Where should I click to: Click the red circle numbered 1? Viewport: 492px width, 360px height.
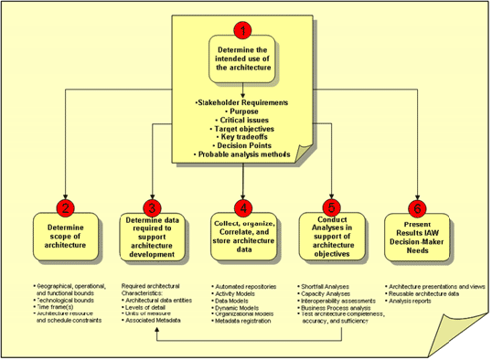point(243,28)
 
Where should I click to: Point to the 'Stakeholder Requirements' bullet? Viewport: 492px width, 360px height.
point(243,101)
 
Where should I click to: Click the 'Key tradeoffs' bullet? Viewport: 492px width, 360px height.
point(243,136)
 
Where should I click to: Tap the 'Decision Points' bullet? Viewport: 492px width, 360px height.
point(243,145)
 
